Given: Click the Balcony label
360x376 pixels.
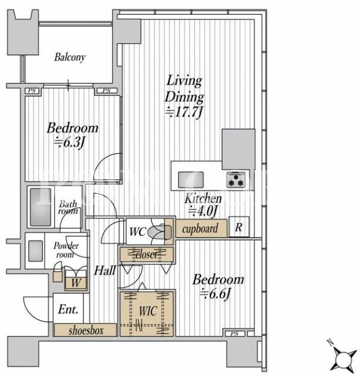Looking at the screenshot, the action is point(70,58).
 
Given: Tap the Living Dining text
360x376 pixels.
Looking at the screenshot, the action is point(184,89).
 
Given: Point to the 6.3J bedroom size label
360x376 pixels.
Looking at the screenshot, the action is point(69,143).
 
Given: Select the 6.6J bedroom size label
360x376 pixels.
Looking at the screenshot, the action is point(215,294).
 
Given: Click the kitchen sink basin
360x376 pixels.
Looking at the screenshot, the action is point(191,180).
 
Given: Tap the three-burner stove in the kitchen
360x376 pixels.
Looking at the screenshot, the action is point(236,179).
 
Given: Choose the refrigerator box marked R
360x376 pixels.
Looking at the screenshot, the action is point(238,227).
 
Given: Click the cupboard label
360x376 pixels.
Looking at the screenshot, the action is point(200,229).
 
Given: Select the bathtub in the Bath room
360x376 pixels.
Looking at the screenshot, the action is point(41,207).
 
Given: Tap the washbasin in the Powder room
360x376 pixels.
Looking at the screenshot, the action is point(35,251).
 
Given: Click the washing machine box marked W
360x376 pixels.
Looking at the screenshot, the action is point(76,283).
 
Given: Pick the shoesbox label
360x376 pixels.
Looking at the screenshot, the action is point(86,331).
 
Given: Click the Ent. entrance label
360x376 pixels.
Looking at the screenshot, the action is point(68,310).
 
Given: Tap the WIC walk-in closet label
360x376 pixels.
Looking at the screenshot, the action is point(148,311).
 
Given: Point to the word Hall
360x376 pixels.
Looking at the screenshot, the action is point(105,270).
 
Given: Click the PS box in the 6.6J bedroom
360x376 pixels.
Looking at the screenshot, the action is point(234,334).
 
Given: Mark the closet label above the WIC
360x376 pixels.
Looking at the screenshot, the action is point(146,254).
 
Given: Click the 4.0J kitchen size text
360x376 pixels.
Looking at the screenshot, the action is point(203,211).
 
